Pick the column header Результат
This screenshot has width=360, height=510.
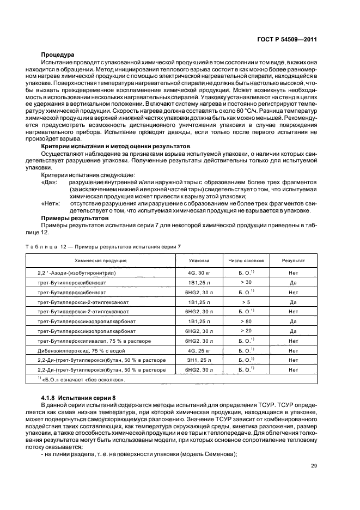(x=293, y=260)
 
